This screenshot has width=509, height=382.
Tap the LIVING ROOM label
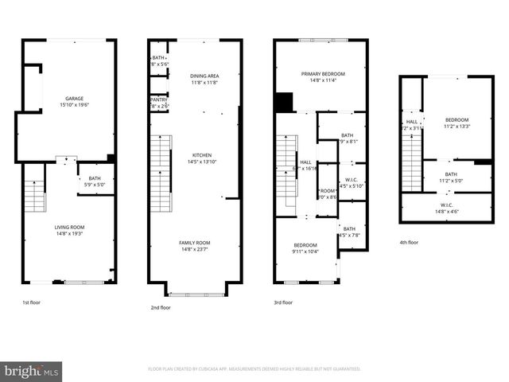click(x=70, y=227)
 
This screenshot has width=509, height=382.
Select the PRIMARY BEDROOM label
click(x=321, y=73)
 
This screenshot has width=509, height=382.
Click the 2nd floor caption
click(x=160, y=307)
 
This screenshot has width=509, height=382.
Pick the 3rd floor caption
click(x=283, y=302)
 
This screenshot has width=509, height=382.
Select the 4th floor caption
click(x=410, y=242)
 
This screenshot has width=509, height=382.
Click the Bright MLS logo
click(x=32, y=370)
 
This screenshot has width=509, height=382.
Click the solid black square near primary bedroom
click(x=283, y=103)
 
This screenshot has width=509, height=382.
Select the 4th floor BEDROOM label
click(x=457, y=119)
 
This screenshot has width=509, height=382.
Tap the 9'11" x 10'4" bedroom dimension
click(x=305, y=251)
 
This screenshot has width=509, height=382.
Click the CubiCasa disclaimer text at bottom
click(x=254, y=369)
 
